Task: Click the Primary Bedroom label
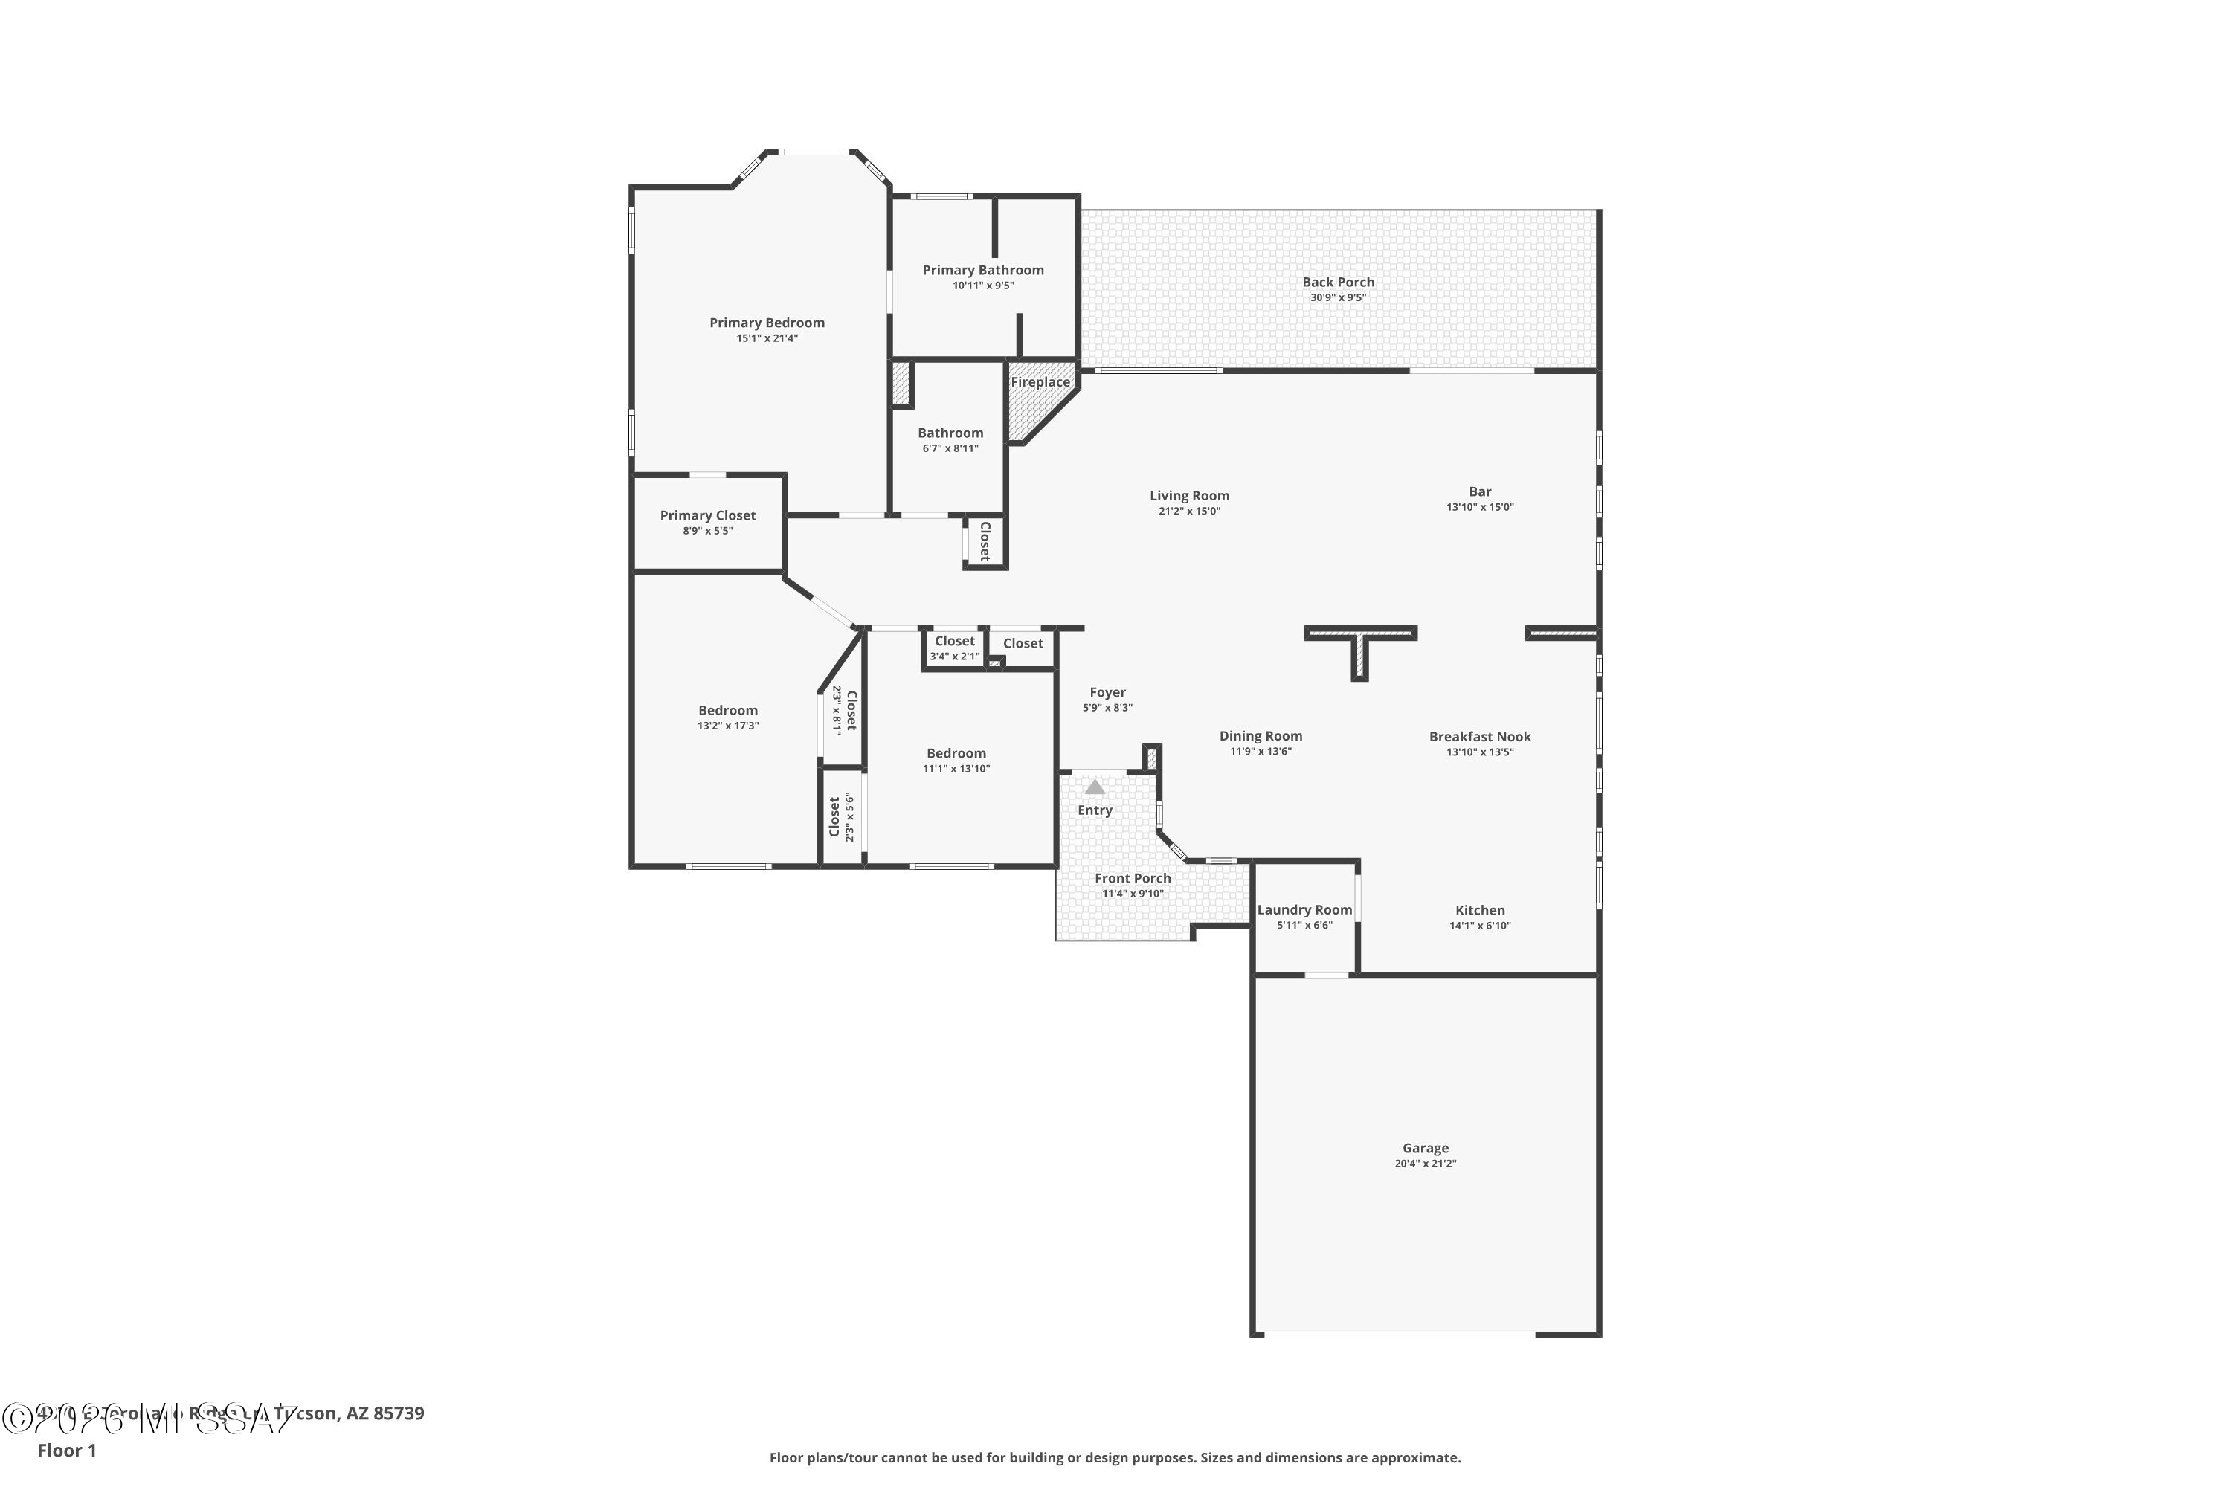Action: point(767,323)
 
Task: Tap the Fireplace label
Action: point(1040,382)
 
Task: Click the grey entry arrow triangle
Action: point(1095,787)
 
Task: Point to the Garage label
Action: point(1425,1147)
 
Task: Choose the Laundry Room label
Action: point(1304,909)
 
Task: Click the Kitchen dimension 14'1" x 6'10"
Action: point(1480,926)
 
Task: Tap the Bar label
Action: point(1480,491)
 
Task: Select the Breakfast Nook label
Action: point(1480,736)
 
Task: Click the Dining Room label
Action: point(1261,735)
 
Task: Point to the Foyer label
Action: point(1107,692)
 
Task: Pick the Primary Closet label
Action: point(708,515)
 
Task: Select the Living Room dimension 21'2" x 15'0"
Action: point(1188,512)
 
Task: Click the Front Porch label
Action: point(1133,878)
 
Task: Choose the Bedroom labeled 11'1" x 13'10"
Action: point(956,753)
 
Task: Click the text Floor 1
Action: point(66,1450)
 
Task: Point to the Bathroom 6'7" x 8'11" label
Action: point(950,433)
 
